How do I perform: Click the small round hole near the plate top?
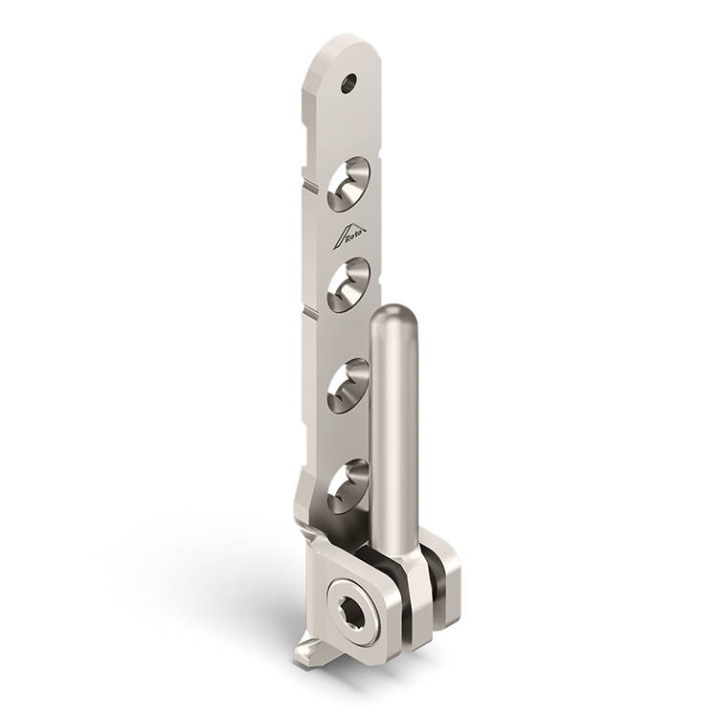(348, 83)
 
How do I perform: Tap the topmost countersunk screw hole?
(348, 184)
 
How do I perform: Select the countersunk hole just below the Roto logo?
(348, 285)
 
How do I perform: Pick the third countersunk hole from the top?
(348, 386)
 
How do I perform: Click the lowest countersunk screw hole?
(348, 486)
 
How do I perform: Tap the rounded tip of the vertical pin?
(393, 316)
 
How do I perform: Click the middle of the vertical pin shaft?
(393, 426)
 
